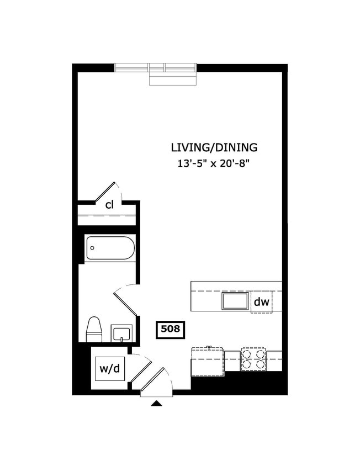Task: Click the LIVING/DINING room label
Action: point(214,147)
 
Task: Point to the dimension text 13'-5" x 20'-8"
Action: point(214,163)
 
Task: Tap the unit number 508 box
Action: point(170,330)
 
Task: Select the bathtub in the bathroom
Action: point(110,248)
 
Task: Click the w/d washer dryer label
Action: point(109,368)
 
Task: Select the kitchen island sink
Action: point(235,301)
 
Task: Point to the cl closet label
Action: point(109,205)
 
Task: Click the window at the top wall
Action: point(156,68)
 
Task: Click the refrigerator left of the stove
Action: point(208,362)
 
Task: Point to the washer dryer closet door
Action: point(140,368)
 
